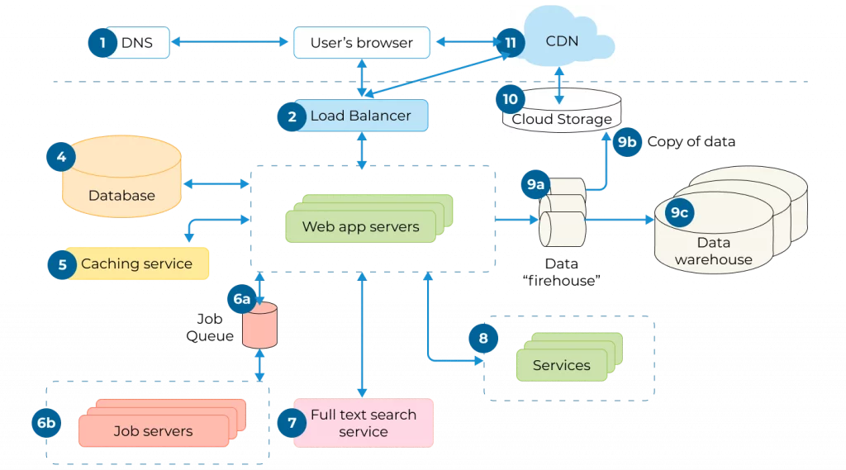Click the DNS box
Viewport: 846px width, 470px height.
136,42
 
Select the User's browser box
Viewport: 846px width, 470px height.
361,42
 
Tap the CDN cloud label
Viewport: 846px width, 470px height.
562,40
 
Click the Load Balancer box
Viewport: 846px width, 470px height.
360,116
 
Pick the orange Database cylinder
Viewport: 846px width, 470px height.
121,180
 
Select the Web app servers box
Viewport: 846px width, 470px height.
361,226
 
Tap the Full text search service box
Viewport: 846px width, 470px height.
364,423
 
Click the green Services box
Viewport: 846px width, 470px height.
562,364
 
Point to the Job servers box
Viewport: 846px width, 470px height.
154,430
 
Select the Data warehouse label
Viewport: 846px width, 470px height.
713,251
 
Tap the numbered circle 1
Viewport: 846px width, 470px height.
102,42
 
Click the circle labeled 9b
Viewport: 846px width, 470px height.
627,141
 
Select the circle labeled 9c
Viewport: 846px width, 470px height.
679,212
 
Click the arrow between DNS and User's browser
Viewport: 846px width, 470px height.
231,42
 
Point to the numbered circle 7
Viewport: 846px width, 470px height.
291,422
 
